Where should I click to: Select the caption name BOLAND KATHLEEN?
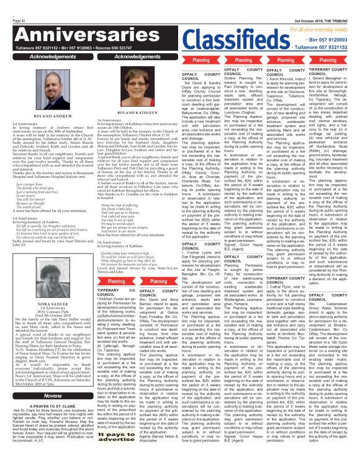(135, 113)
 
